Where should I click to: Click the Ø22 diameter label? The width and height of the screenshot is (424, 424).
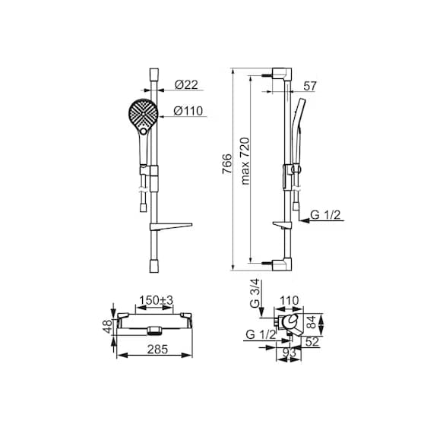coord(186,84)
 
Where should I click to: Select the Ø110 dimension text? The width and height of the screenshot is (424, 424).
coord(188,111)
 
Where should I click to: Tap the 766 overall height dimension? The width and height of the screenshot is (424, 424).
coord(227,164)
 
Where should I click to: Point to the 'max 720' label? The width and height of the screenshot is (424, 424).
coord(245,161)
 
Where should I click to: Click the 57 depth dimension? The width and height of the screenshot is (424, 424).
coord(309,86)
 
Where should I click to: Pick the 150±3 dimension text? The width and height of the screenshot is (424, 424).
coord(156,300)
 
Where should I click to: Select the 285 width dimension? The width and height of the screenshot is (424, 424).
coord(157,350)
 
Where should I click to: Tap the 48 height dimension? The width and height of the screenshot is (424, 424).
coord(107,327)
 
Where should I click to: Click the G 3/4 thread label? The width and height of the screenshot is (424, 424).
coord(255,293)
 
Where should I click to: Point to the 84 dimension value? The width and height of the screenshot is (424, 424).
coord(312,322)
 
